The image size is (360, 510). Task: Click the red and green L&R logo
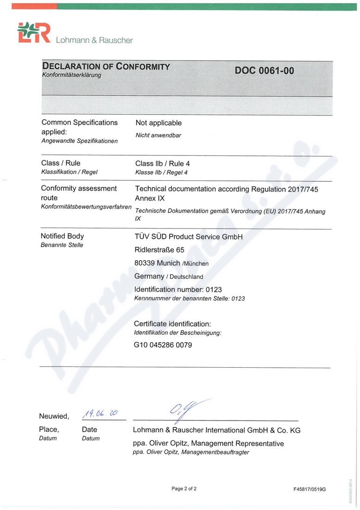click(33, 34)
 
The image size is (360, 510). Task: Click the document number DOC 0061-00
click(264, 71)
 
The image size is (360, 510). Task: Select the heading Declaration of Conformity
click(106, 66)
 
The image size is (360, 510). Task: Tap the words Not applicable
click(158, 123)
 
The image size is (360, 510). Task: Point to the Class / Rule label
click(61, 163)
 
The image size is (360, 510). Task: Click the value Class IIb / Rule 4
click(163, 164)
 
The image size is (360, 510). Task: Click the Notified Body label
click(63, 236)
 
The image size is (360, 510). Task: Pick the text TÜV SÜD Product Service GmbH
click(189, 237)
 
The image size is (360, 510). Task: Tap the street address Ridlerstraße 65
click(159, 250)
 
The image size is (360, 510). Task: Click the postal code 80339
click(144, 263)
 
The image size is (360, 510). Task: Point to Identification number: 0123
click(178, 289)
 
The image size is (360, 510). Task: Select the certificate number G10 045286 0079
click(163, 345)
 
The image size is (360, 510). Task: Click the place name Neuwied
click(54, 416)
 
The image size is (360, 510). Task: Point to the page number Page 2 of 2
click(184, 489)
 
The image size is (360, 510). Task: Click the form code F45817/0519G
click(309, 489)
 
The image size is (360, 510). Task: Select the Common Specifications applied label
click(80, 127)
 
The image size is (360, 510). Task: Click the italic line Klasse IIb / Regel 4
click(161, 172)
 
